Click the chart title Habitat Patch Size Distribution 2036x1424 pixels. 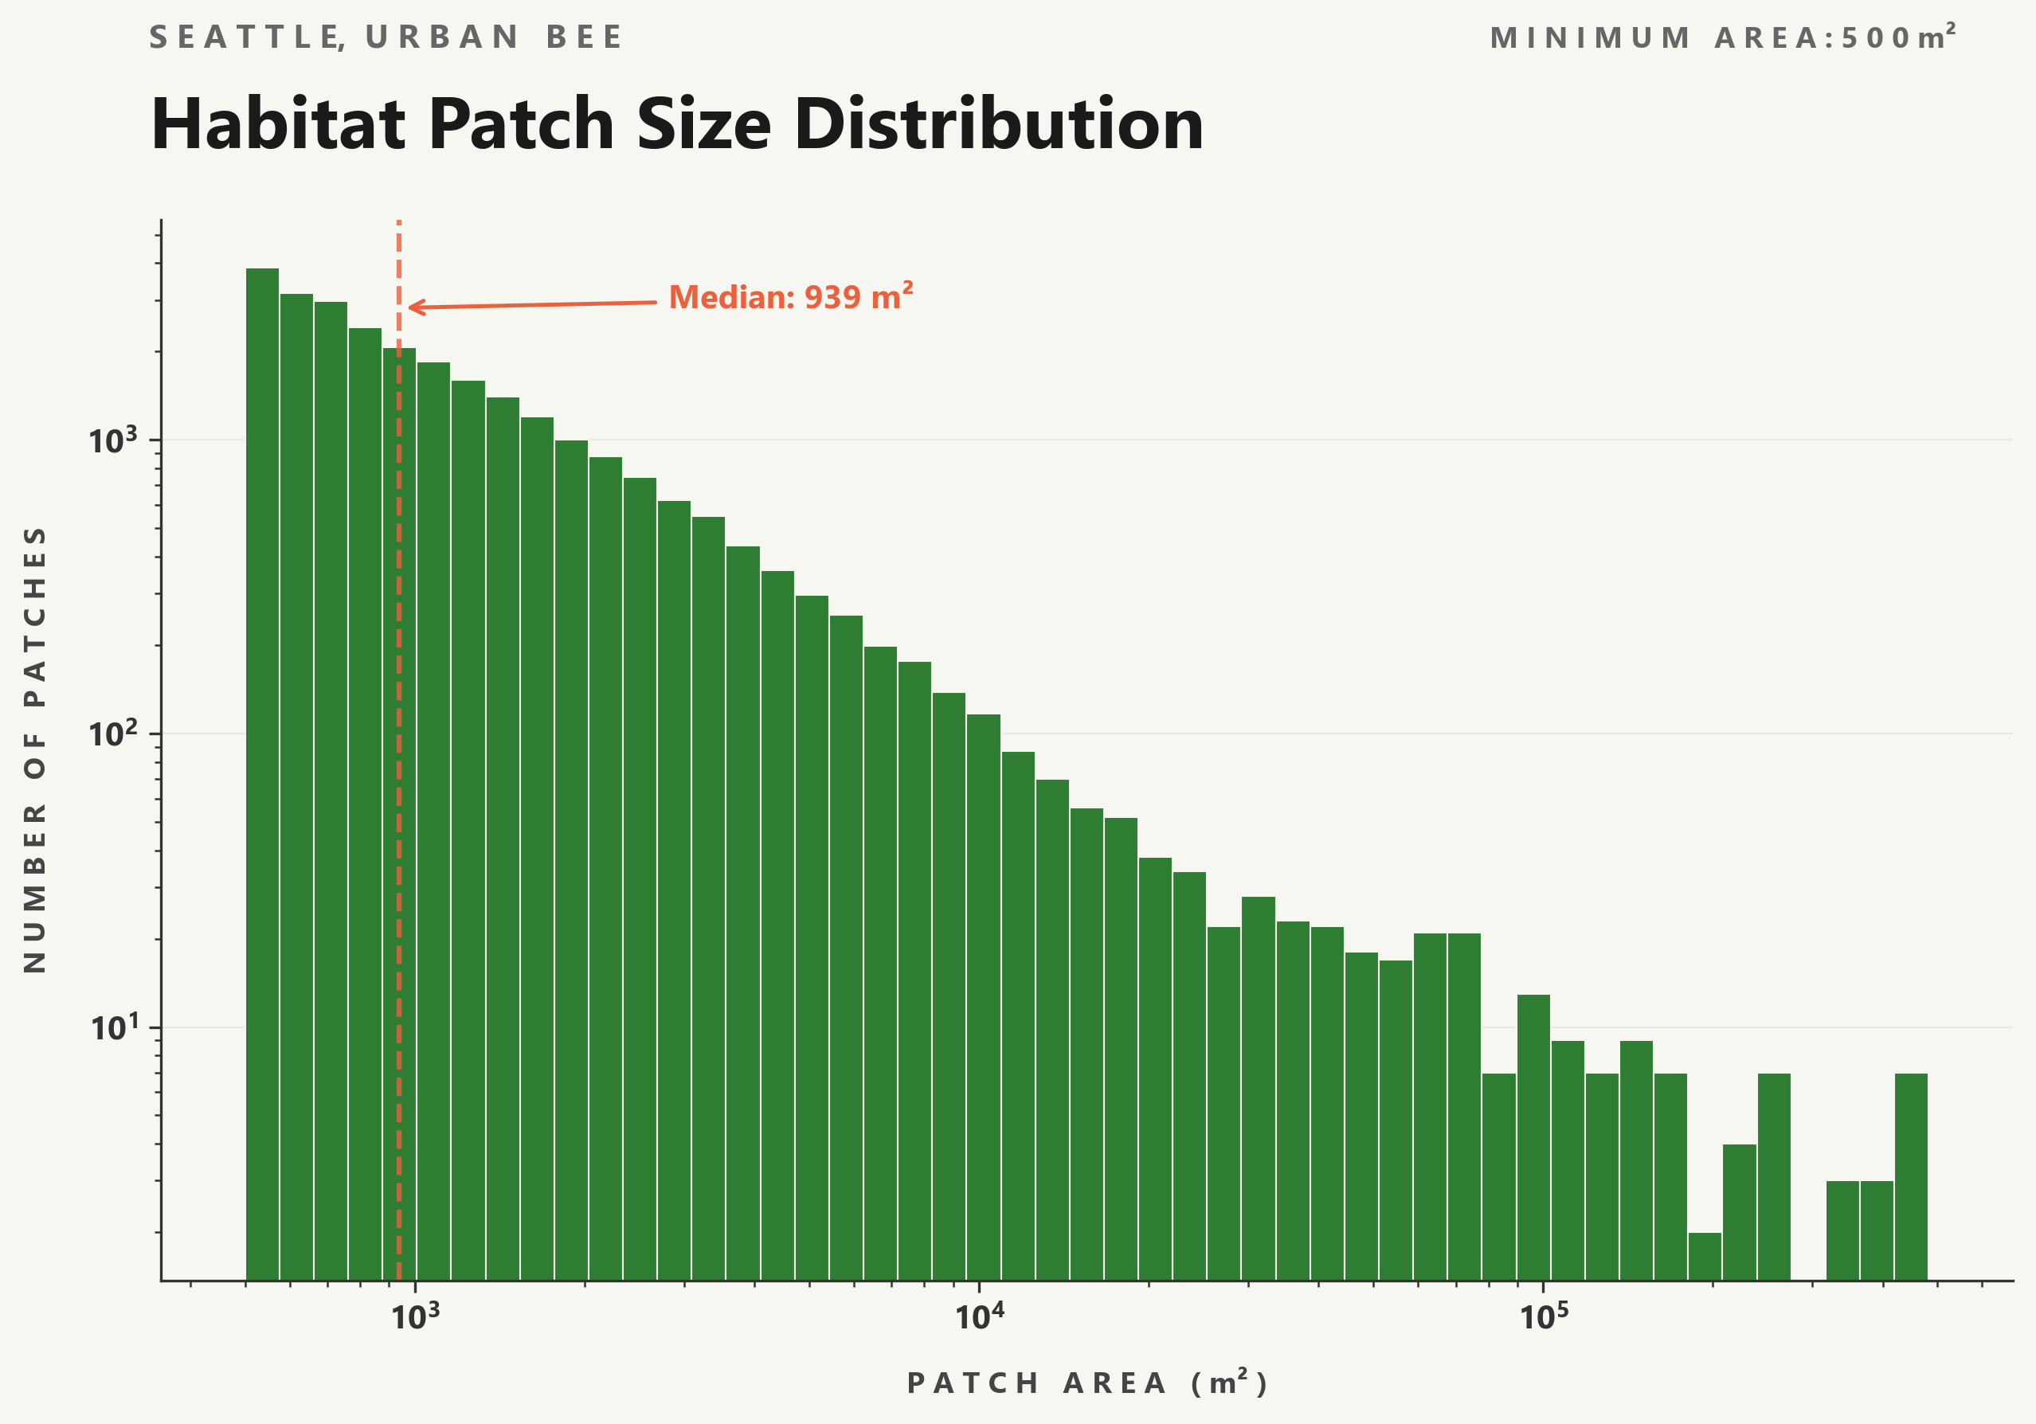point(676,124)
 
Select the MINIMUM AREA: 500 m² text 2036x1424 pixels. point(1722,37)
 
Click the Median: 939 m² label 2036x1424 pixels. point(790,297)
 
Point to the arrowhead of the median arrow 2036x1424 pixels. point(412,307)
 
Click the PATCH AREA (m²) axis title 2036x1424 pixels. point(1088,1383)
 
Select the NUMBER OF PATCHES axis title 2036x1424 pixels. point(34,749)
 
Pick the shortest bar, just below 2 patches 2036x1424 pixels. point(1705,1257)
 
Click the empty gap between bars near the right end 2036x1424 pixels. point(1808,1242)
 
